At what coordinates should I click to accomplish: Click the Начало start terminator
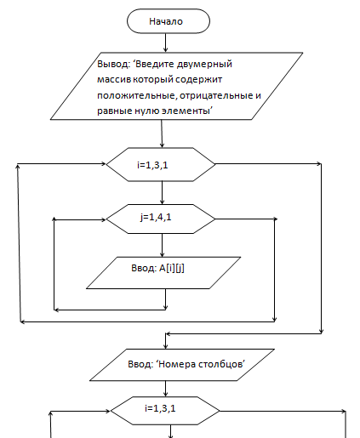coord(169,21)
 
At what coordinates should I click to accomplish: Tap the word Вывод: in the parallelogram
coord(113,64)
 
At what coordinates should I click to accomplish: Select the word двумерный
coord(204,65)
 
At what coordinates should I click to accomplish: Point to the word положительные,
coord(137,96)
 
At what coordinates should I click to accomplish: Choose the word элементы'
coord(187,111)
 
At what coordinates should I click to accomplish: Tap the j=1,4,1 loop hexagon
coord(161,219)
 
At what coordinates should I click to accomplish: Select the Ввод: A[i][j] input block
coord(163,273)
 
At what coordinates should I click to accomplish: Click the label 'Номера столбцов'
coord(200,364)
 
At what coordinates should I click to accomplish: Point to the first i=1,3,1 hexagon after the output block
coord(161,164)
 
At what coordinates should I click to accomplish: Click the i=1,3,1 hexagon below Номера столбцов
coord(165,411)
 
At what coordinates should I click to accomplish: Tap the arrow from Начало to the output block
coord(166,43)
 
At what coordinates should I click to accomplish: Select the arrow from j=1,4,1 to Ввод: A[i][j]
coord(163,246)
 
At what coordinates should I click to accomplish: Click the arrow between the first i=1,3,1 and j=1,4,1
coord(163,193)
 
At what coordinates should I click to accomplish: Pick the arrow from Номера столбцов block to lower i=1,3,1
coord(166,389)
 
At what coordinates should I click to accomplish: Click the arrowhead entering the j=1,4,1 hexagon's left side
coord(103,219)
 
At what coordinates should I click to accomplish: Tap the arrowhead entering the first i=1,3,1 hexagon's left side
coord(103,163)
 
